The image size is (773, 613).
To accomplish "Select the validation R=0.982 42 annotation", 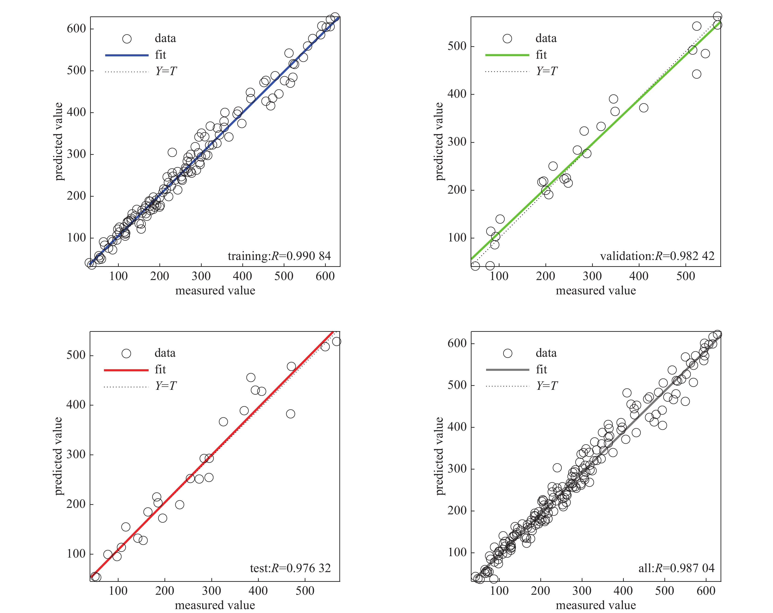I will (x=657, y=256).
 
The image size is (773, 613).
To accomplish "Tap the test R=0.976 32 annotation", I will (x=290, y=568).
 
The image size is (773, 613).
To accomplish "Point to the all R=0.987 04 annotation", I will (x=676, y=568).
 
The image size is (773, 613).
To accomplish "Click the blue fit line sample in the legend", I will (x=127, y=55).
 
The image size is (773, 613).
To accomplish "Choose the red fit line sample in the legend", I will (x=126, y=370).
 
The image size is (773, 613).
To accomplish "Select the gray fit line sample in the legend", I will (x=507, y=370).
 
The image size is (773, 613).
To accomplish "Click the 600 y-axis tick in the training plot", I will (x=76, y=29).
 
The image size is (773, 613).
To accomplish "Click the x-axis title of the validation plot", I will (x=596, y=290).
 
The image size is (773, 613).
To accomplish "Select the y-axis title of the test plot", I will (x=58, y=456).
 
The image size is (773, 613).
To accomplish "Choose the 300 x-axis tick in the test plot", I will (x=212, y=591).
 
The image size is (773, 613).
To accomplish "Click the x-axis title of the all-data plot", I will (x=596, y=605).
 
